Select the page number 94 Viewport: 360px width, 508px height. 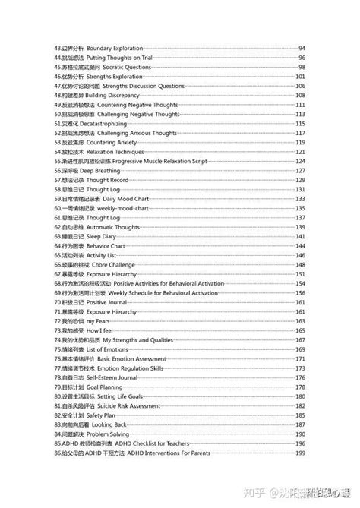tap(302, 49)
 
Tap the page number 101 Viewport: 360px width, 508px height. tap(301, 77)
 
